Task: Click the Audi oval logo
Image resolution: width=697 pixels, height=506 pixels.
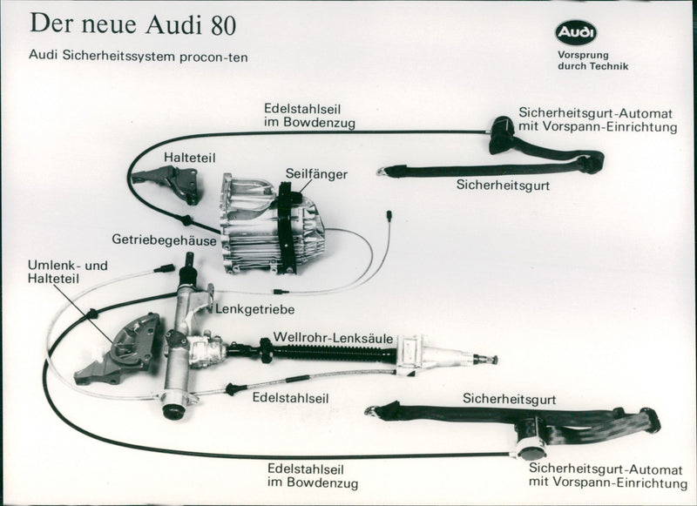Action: click(x=576, y=33)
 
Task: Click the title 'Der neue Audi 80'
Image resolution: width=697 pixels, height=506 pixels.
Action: click(x=132, y=24)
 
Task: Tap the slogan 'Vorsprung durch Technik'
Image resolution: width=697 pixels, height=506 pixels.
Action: click(x=592, y=61)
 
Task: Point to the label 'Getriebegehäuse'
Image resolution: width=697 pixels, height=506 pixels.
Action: click(x=164, y=239)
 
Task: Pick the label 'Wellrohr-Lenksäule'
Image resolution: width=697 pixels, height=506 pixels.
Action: click(x=334, y=337)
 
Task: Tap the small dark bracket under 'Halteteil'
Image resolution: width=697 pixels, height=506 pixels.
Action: click(x=179, y=183)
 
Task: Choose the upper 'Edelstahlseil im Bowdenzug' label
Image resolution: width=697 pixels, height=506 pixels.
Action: click(x=308, y=116)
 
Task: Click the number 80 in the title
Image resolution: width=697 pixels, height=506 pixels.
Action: click(x=221, y=24)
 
